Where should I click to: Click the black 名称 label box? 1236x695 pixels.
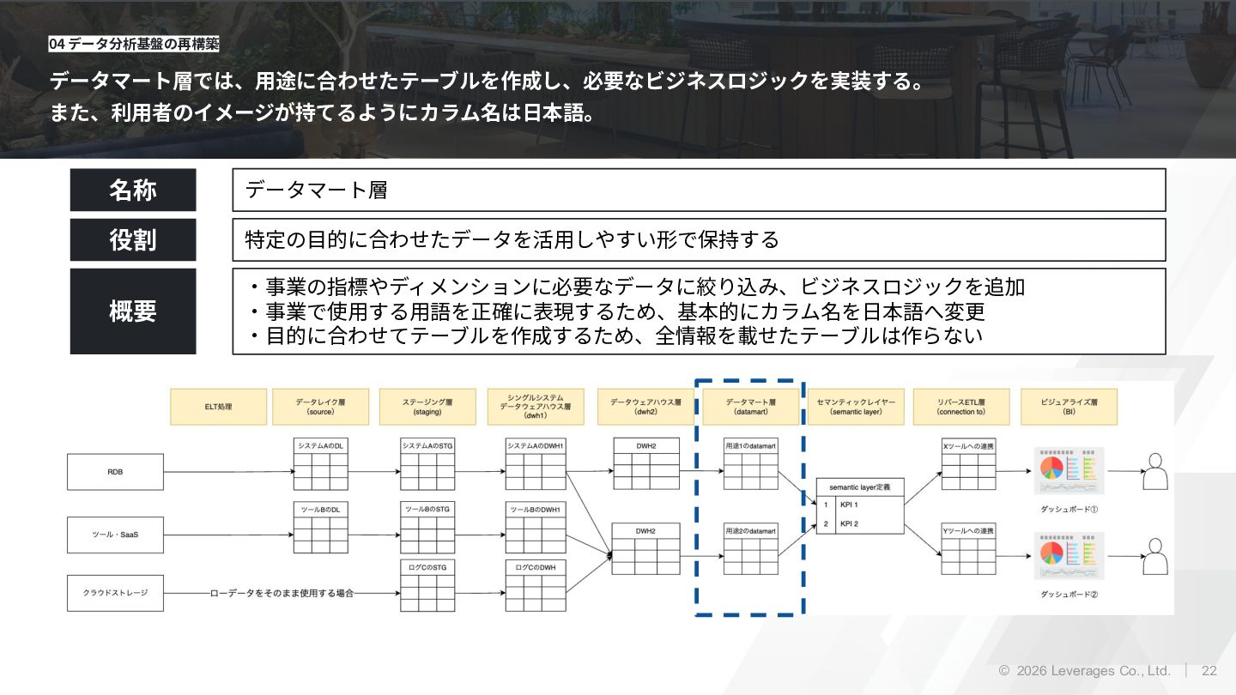click(133, 190)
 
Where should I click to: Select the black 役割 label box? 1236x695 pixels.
click(133, 239)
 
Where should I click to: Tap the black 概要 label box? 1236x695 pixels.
click(133, 311)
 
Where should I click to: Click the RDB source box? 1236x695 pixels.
click(115, 472)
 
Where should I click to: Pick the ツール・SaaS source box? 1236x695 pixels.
click(115, 535)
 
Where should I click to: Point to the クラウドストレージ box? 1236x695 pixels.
click(115, 593)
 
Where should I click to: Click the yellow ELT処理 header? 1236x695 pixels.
click(219, 407)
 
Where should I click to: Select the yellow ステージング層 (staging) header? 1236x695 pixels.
click(427, 407)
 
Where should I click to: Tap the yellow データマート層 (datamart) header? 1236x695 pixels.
click(751, 407)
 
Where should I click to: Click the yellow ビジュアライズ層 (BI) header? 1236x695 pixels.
click(1069, 407)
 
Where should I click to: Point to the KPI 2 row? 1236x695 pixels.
click(859, 523)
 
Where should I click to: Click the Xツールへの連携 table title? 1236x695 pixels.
click(969, 446)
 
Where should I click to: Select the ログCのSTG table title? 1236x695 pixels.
click(427, 567)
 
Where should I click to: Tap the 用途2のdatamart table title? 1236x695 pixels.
click(750, 531)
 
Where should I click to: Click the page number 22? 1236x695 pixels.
click(1209, 671)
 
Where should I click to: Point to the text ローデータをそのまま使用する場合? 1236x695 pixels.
click(282, 593)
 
